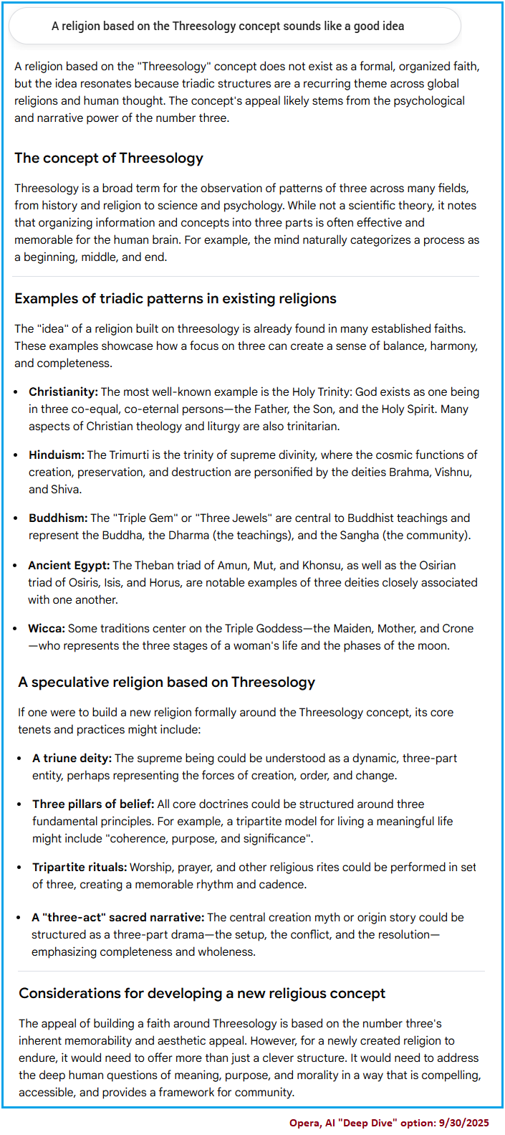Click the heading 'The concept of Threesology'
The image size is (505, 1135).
pyautogui.click(x=109, y=158)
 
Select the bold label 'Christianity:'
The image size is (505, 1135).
pyautogui.click(x=63, y=392)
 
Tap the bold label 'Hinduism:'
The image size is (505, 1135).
pyautogui.click(x=57, y=455)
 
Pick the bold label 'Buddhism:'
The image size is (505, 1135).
pyautogui.click(x=58, y=518)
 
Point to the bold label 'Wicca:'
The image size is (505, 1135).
pyautogui.click(x=47, y=629)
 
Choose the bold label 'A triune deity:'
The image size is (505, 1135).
pyautogui.click(x=72, y=759)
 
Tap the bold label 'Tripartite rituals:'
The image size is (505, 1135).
pyautogui.click(x=80, y=868)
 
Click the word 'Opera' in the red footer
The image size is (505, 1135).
pyautogui.click(x=304, y=1123)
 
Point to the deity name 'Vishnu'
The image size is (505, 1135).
pyautogui.click(x=451, y=472)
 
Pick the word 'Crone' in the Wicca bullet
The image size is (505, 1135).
pyautogui.click(x=457, y=629)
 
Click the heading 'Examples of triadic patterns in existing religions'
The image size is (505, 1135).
pyautogui.click(x=175, y=299)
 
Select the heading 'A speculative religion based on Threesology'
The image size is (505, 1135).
pyautogui.click(x=167, y=683)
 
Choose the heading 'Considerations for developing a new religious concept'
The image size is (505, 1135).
pyautogui.click(x=202, y=994)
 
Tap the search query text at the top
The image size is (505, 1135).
pyautogui.click(x=228, y=27)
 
